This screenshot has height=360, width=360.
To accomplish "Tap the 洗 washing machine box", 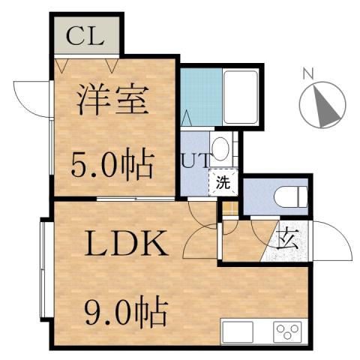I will [x=222, y=181].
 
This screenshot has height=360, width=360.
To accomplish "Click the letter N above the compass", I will [x=307, y=73].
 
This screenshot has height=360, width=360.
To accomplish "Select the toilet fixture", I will [x=291, y=197].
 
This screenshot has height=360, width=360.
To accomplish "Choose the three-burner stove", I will [x=286, y=330].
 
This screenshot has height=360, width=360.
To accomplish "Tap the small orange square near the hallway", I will [x=230, y=210].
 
